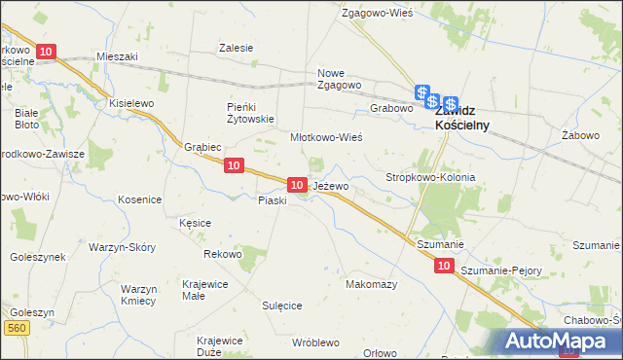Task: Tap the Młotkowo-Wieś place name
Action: (x=326, y=138)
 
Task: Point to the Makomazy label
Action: (x=371, y=284)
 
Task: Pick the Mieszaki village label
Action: (x=117, y=56)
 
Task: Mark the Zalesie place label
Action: (x=237, y=48)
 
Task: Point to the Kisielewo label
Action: (x=132, y=102)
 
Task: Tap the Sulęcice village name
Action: (x=281, y=305)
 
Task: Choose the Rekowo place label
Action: (x=222, y=254)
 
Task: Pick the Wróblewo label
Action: (x=314, y=342)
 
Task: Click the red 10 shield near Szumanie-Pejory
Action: (x=444, y=265)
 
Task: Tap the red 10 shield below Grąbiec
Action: (x=232, y=166)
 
